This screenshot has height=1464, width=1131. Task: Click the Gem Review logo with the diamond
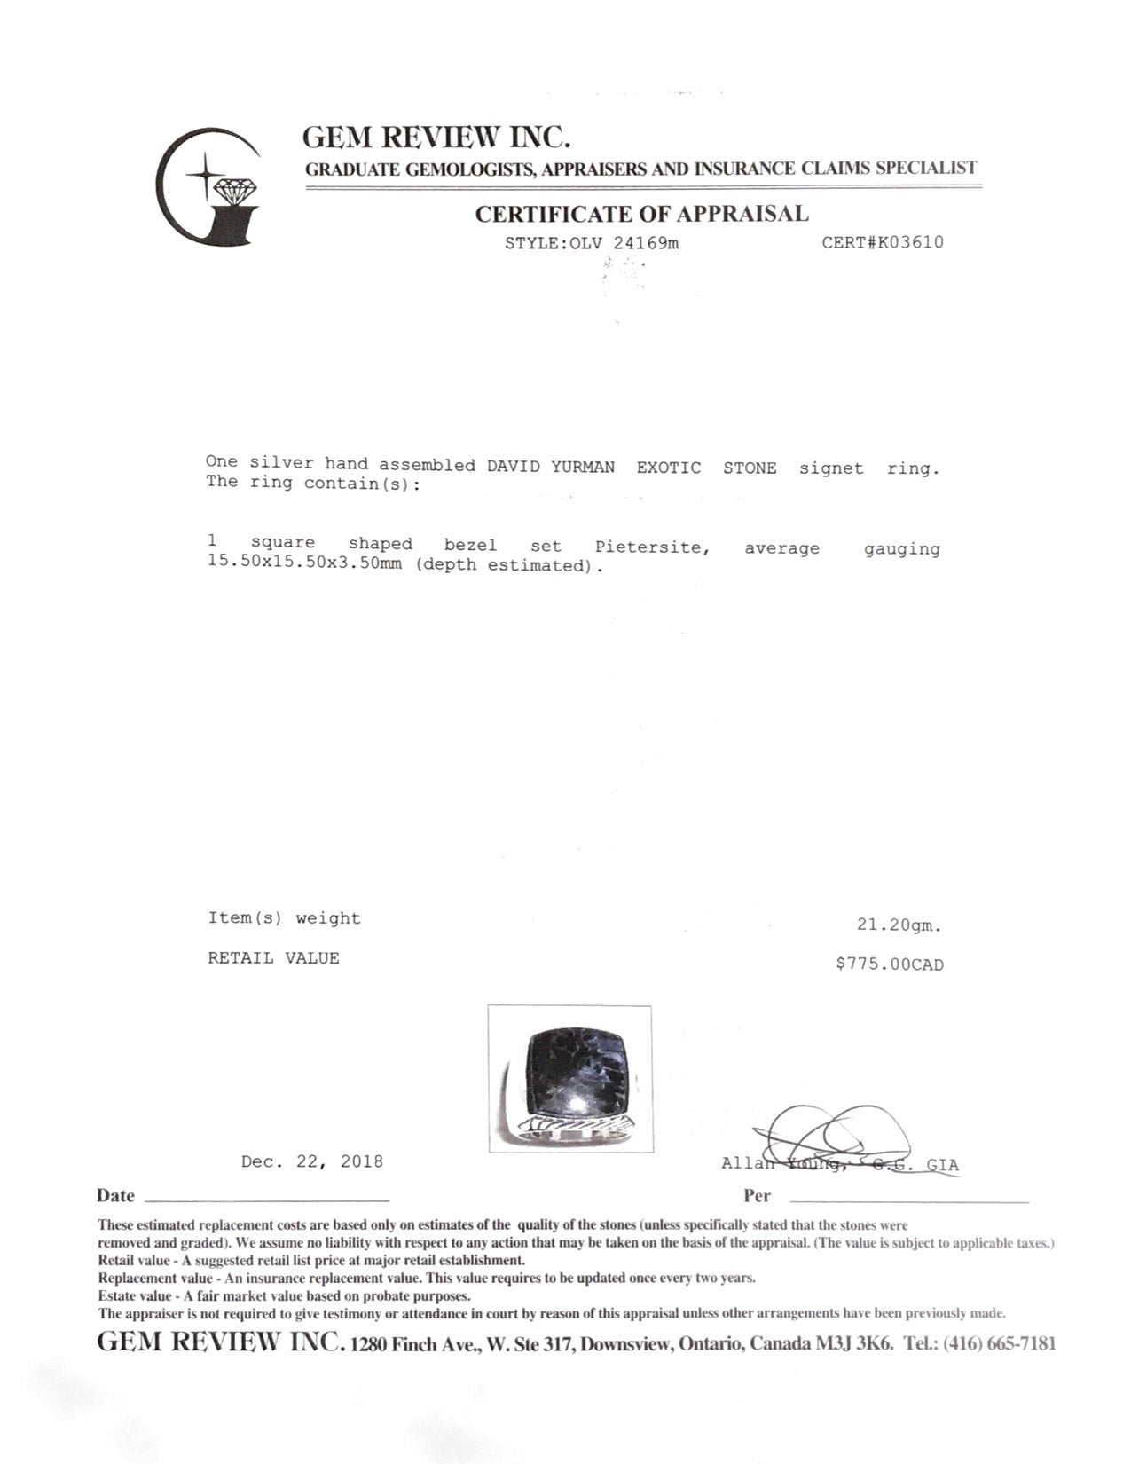click(x=209, y=187)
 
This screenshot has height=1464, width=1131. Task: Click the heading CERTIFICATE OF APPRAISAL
click(x=641, y=214)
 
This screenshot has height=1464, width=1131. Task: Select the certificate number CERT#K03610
click(x=882, y=242)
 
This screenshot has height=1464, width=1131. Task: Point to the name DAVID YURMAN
click(x=550, y=467)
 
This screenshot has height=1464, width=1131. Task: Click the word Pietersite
click(x=652, y=547)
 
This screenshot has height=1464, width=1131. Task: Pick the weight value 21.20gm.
click(x=899, y=925)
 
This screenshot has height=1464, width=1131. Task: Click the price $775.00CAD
click(x=889, y=964)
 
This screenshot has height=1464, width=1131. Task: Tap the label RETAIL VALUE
click(x=273, y=958)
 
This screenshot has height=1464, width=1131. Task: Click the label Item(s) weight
click(x=284, y=918)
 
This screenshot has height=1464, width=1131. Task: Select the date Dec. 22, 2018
click(x=311, y=1161)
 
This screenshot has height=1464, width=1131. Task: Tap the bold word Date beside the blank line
click(x=115, y=1195)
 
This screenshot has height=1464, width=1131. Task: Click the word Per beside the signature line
click(x=757, y=1195)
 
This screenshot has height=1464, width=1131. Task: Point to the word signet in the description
click(x=830, y=468)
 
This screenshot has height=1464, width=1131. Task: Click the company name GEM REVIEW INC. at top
click(x=436, y=137)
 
